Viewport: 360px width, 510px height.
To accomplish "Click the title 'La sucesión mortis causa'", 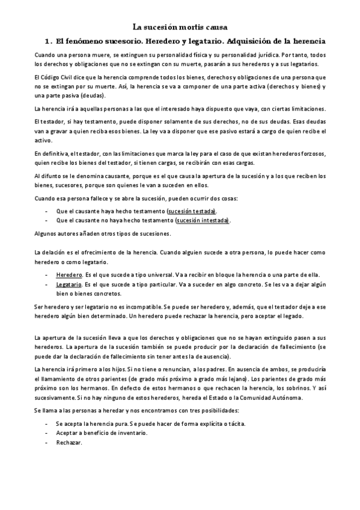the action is [x=180, y=27].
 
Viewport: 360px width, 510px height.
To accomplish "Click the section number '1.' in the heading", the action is [x=49, y=41].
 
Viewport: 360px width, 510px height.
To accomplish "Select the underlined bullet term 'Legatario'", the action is [x=69, y=284].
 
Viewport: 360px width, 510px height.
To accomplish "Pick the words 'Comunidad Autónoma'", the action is [x=274, y=398].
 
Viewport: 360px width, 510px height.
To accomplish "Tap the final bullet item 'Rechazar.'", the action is [x=69, y=443].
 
